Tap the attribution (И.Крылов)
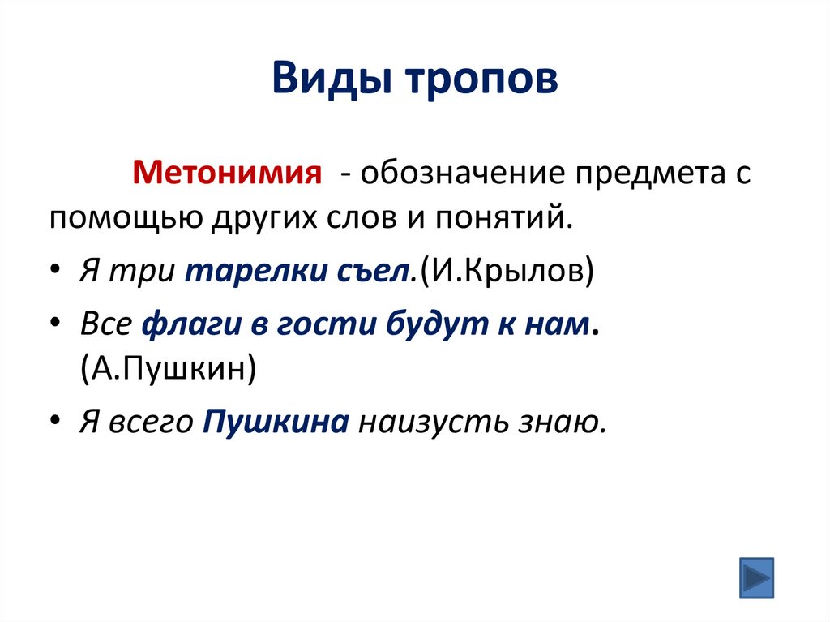pyautogui.click(x=506, y=272)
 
